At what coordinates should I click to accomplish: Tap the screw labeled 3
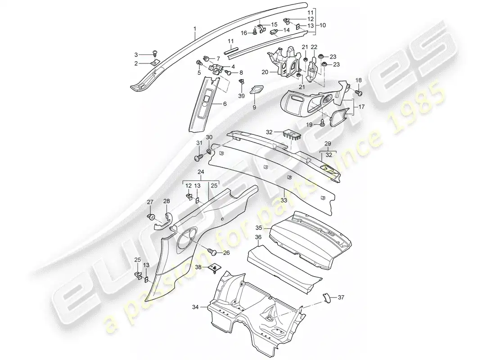pyautogui.click(x=155, y=52)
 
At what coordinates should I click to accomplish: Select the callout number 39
pyautogui.click(x=242, y=96)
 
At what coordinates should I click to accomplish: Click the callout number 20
pyautogui.click(x=265, y=72)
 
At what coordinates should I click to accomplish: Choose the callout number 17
pyautogui.click(x=362, y=107)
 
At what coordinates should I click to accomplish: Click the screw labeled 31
pyautogui.click(x=199, y=156)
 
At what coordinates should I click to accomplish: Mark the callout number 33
pyautogui.click(x=284, y=200)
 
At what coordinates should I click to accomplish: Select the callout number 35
pyautogui.click(x=259, y=227)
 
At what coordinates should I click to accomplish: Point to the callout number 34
pyautogui.click(x=196, y=306)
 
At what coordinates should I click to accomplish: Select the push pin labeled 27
pyautogui.click(x=151, y=216)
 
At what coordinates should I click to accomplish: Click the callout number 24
pyautogui.click(x=201, y=172)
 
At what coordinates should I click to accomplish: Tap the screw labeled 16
pyautogui.click(x=255, y=31)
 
